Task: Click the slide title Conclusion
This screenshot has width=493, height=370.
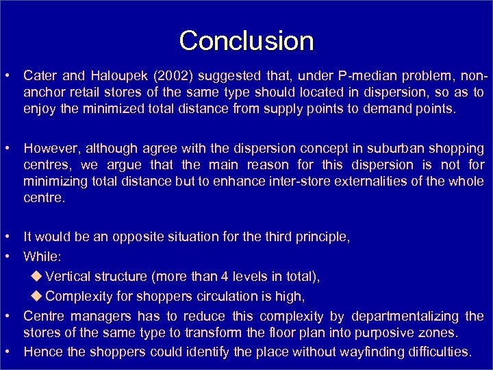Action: pyautogui.click(x=246, y=40)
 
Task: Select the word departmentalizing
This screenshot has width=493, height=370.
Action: pyautogui.click(x=409, y=316)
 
